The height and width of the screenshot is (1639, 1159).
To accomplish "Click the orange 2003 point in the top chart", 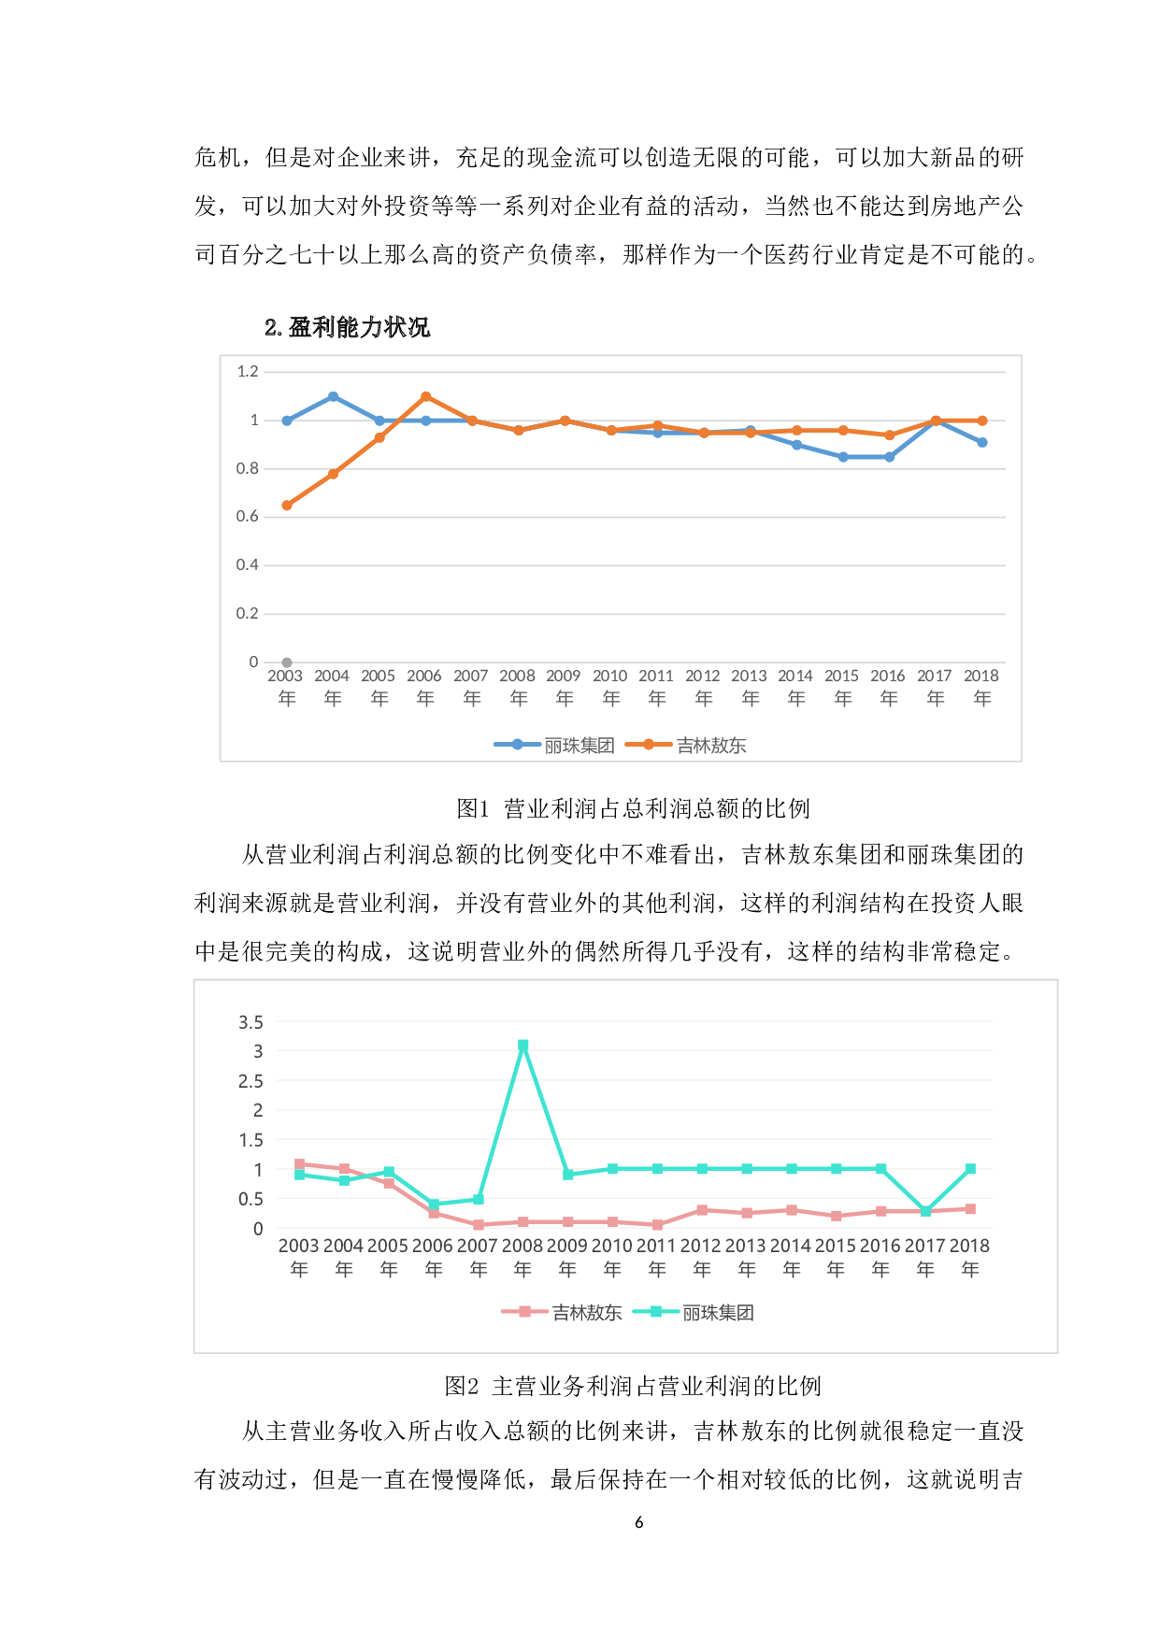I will tap(287, 506).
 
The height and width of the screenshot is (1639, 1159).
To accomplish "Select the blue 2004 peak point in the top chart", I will tap(333, 396).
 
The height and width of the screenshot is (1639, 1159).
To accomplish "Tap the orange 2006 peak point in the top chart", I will tap(426, 396).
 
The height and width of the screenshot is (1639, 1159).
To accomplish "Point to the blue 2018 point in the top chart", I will tap(982, 442).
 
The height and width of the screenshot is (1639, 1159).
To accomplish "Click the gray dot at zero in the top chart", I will tap(287, 663).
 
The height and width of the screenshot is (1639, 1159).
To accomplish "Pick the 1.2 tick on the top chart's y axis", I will tap(248, 372).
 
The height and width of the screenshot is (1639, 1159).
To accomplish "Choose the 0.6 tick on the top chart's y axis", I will tap(248, 517).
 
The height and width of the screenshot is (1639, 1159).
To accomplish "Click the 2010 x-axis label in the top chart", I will tap(610, 686).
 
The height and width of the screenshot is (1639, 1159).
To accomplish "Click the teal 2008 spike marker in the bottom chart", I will tap(523, 1046).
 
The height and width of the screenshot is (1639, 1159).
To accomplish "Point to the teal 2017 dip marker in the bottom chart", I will tap(925, 1211).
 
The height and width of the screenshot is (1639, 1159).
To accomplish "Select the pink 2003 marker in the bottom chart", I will tap(299, 1164).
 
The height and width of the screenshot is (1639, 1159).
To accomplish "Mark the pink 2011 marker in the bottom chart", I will tap(657, 1224).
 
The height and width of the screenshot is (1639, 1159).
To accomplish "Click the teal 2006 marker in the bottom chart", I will tap(434, 1204).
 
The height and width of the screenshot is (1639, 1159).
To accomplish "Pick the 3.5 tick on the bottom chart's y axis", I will tap(250, 1022).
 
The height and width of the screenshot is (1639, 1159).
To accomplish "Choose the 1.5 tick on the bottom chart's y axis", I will tap(250, 1140).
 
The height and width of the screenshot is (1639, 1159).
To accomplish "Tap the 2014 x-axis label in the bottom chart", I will tap(791, 1256).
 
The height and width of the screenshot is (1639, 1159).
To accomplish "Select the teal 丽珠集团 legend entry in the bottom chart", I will tap(694, 1312).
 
